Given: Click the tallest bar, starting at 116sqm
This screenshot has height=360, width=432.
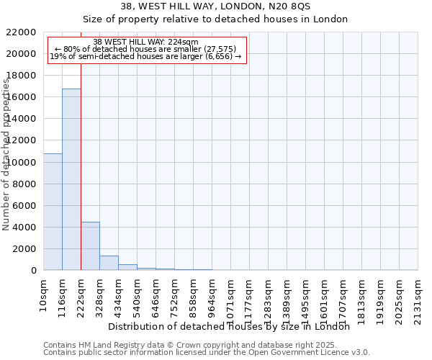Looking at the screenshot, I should click(71, 179).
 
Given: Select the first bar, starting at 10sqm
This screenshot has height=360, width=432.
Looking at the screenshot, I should click(53, 212).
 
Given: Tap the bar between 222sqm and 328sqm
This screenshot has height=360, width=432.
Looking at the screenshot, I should click(90, 246).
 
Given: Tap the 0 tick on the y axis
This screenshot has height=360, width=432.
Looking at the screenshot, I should click(33, 271).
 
